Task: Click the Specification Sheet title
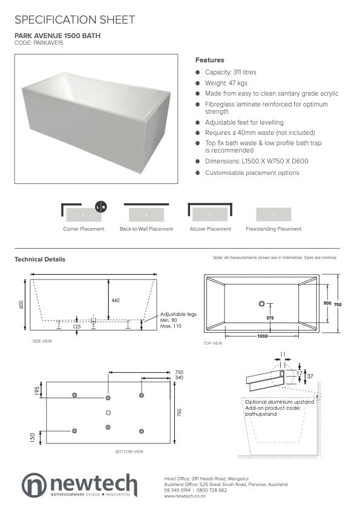coord(74,20)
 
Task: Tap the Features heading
coord(209,60)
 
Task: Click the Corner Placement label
coord(83,229)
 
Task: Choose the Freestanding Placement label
coord(273,229)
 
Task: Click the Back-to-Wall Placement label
coord(146,229)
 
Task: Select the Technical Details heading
coord(40,259)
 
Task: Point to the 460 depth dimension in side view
coord(116,300)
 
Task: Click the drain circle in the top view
coord(262,303)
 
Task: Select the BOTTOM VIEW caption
coord(129,452)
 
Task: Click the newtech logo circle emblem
coord(34,485)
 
